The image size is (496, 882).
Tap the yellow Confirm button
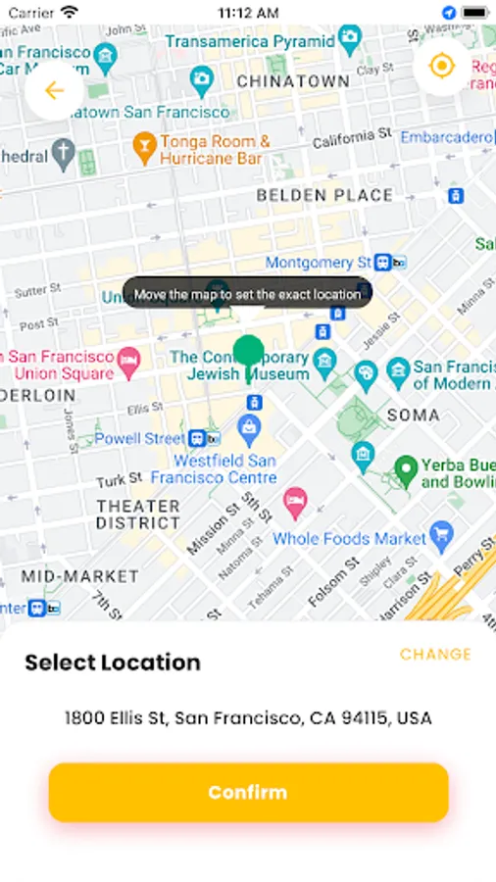pyautogui.click(x=248, y=792)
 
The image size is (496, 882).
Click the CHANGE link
pyautogui.click(x=435, y=654)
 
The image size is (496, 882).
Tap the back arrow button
pyautogui.click(x=55, y=91)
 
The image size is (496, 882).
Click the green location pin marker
pyautogui.click(x=249, y=354)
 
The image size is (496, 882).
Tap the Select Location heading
pyautogui.click(x=113, y=662)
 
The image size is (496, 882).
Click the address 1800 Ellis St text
pyautogui.click(x=248, y=718)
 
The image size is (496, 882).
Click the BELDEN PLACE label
pyautogui.click(x=324, y=195)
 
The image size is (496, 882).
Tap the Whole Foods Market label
pyautogui.click(x=349, y=538)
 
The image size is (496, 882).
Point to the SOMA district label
pyautogui.click(x=413, y=415)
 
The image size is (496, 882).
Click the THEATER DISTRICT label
pyautogui.click(x=138, y=514)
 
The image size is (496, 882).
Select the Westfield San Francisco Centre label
pyautogui.click(x=225, y=468)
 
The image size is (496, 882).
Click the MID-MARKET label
pyautogui.click(x=80, y=576)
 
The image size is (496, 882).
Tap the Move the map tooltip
pyautogui.click(x=247, y=293)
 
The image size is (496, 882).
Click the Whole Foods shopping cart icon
pyautogui.click(x=442, y=536)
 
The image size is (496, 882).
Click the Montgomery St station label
pyautogui.click(x=319, y=263)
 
